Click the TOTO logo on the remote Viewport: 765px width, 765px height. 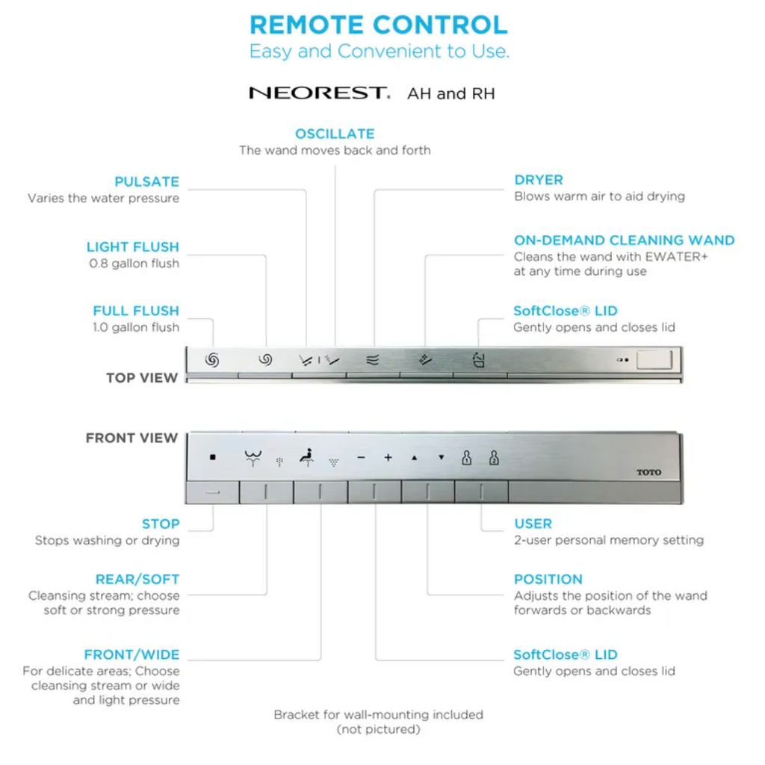tap(648, 472)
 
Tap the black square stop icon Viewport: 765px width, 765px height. tap(213, 457)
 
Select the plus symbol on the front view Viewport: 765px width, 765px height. tap(388, 458)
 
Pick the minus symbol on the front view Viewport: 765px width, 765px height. tap(361, 458)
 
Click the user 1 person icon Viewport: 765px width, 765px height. tap(467, 457)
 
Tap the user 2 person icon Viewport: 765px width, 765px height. tap(494, 457)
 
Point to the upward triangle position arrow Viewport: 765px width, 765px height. tap(414, 458)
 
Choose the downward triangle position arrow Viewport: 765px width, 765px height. tap(441, 458)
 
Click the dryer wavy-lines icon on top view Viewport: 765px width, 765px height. tap(372, 360)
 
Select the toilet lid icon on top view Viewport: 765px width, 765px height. tap(479, 360)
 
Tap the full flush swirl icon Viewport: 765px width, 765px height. tap(211, 360)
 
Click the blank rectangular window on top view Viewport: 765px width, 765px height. tap(654, 360)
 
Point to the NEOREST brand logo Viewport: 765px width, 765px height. tap(320, 93)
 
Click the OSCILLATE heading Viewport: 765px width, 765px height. tap(335, 134)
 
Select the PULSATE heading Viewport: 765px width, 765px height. tap(147, 182)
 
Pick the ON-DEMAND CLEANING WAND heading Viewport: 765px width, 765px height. tap(624, 240)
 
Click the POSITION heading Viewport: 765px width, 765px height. tap(548, 579)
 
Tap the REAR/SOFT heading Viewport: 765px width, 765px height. tap(137, 579)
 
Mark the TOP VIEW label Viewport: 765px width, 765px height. tap(142, 377)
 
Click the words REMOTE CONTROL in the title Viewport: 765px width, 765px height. tap(379, 25)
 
